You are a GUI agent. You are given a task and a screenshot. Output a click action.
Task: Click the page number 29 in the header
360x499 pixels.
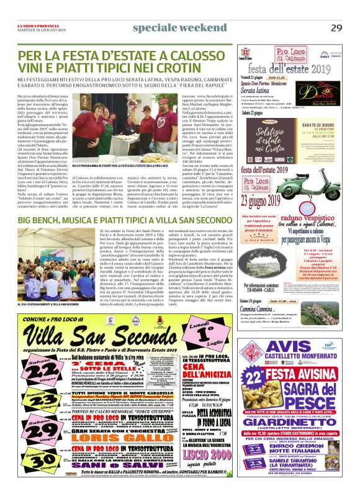pos(336,27)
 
